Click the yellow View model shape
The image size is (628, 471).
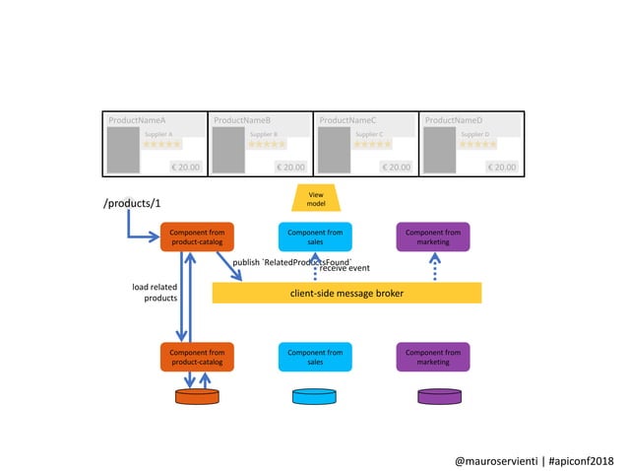(x=315, y=198)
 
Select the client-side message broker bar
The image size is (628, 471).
(x=346, y=293)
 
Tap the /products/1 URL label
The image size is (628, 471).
(x=130, y=204)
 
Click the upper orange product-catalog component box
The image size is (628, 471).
(x=197, y=236)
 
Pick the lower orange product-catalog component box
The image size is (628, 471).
(x=197, y=357)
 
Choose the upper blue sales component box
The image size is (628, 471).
(x=315, y=236)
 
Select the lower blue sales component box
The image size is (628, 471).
(x=315, y=357)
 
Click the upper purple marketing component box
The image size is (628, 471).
(x=433, y=236)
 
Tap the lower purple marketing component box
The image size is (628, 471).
(x=433, y=357)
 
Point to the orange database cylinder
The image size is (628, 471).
(x=197, y=396)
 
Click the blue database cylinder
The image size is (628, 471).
(x=315, y=396)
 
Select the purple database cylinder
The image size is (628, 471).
(x=439, y=396)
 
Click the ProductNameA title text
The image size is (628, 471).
(x=137, y=120)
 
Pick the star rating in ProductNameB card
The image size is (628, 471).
(x=267, y=144)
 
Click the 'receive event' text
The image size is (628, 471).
(x=345, y=268)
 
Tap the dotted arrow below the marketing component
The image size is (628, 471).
(x=434, y=266)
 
